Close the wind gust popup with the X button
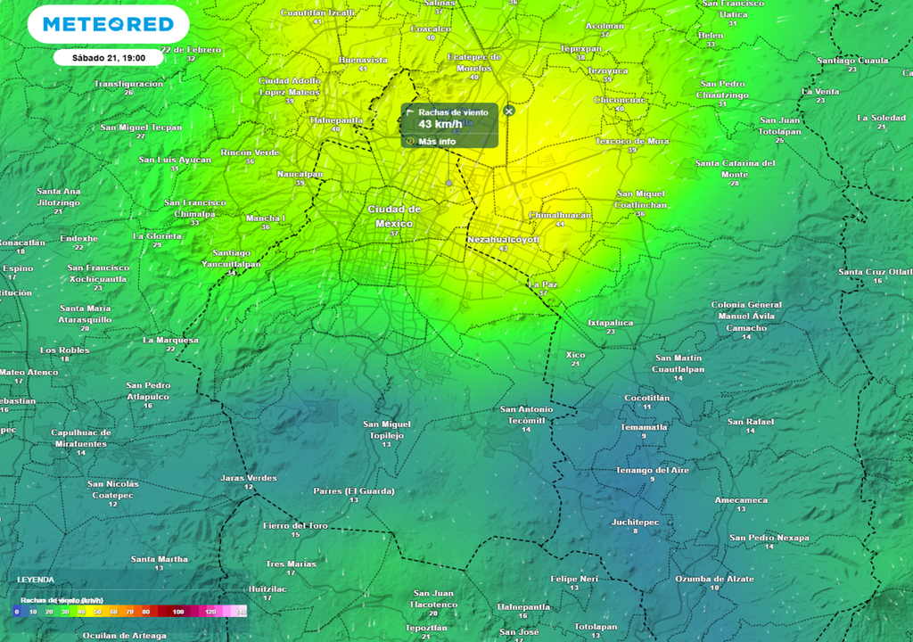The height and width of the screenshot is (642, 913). [509, 111]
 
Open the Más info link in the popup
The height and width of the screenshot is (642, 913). [437, 141]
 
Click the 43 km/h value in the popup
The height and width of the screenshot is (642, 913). [440, 124]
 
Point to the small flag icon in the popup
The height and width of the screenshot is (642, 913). [410, 112]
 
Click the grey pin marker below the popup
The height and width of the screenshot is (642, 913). [449, 184]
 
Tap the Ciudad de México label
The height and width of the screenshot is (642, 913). [394, 215]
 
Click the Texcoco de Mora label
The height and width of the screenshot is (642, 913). [632, 141]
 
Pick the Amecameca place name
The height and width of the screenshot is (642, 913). [741, 500]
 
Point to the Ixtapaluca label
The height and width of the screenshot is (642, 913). [611, 322]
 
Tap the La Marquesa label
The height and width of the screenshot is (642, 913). [170, 340]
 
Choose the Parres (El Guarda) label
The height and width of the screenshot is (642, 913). [354, 491]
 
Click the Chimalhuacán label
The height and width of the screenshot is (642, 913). [560, 215]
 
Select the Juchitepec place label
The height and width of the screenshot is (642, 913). [636, 522]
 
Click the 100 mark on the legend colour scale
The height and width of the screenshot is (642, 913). [178, 613]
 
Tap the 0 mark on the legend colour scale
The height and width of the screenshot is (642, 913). [16, 613]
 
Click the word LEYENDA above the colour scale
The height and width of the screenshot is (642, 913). [36, 580]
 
